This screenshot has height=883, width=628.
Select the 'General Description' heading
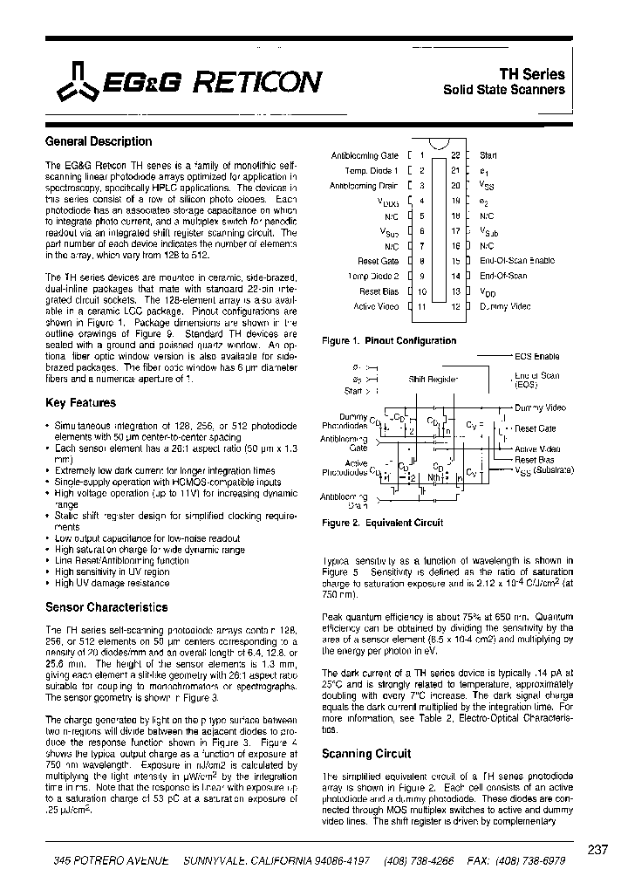tap(98, 141)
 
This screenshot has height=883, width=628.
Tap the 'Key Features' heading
tap(80, 403)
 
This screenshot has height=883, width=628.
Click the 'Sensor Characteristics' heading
tap(106, 606)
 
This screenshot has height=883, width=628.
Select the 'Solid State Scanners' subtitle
tap(504, 90)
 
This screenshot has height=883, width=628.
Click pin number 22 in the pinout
tap(454, 155)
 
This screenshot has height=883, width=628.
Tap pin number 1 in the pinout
tap(421, 155)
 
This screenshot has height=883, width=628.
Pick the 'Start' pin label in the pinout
tap(488, 155)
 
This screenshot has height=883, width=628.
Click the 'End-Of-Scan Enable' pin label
tap(516, 261)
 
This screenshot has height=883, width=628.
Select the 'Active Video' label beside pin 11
tap(376, 306)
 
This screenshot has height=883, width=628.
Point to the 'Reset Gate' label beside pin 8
tap(378, 261)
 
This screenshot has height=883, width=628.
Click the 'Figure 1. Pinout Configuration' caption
tap(389, 341)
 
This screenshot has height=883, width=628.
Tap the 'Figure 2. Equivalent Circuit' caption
tap(383, 523)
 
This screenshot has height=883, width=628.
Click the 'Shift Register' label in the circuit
tap(433, 380)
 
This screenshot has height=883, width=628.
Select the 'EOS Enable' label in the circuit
tap(536, 357)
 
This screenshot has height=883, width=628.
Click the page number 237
tap(598, 850)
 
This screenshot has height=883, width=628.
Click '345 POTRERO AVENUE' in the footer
tap(109, 859)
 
